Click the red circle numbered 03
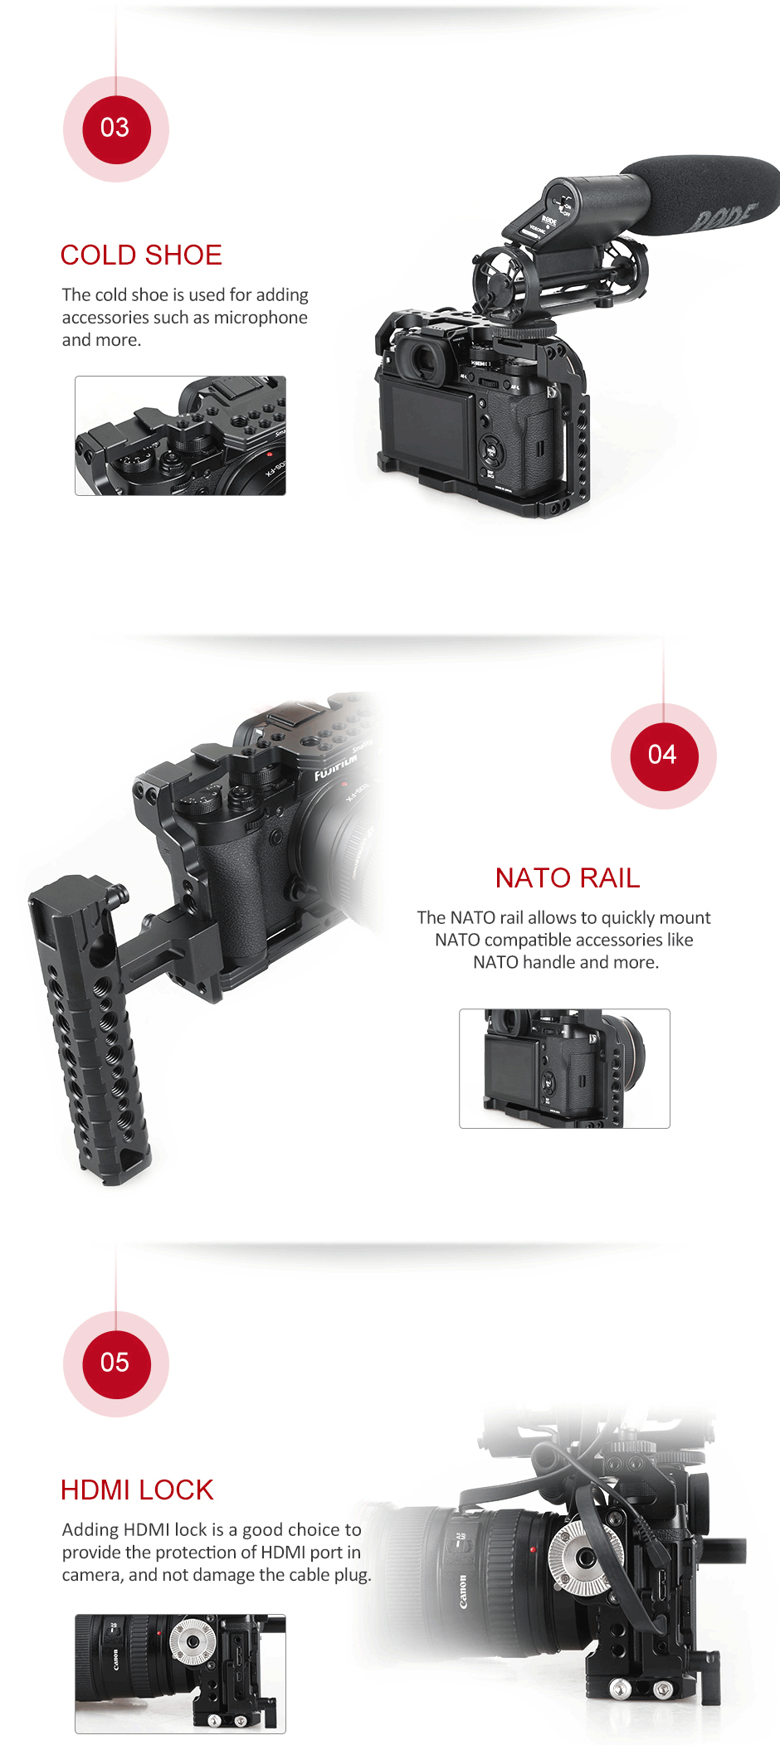(x=116, y=129)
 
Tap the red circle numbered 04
(x=664, y=756)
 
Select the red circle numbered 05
(x=116, y=1364)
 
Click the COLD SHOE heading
(x=141, y=255)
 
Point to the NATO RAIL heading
(x=568, y=878)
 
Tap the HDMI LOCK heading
(x=137, y=1490)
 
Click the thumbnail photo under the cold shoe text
(x=180, y=436)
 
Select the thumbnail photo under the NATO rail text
(x=564, y=1068)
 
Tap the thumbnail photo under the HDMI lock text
(x=180, y=1674)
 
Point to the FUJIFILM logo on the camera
(x=335, y=768)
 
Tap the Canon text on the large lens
(x=462, y=1592)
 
